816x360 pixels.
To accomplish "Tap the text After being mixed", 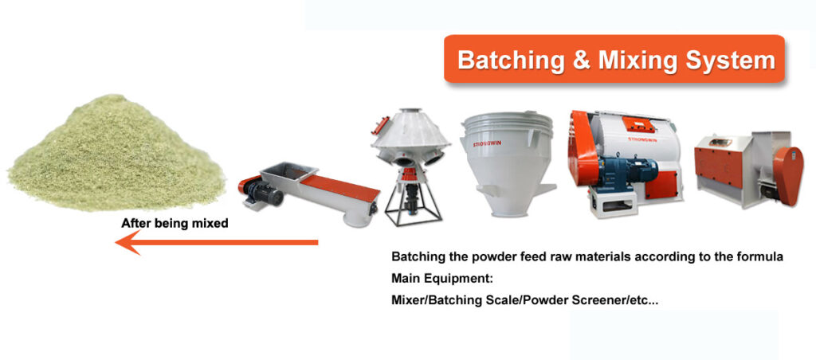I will (x=175, y=224).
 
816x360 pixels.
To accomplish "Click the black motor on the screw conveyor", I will (x=261, y=189).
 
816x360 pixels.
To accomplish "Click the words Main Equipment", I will (x=442, y=279).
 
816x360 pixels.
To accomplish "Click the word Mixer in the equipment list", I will (x=408, y=300).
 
